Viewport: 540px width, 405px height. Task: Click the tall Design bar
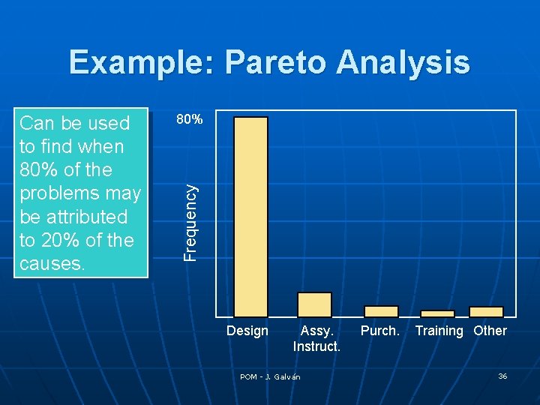(x=250, y=217)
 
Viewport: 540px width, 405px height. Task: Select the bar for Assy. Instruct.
(x=314, y=304)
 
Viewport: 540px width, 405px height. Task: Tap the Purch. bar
(x=381, y=311)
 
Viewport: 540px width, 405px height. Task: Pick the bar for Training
(x=437, y=313)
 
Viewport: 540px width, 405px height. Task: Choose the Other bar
(x=486, y=312)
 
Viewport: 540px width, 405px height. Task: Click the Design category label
(x=247, y=331)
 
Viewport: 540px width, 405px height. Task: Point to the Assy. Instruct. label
(x=316, y=338)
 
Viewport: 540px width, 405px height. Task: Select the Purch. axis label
(x=380, y=331)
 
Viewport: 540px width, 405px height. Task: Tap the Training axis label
(x=439, y=331)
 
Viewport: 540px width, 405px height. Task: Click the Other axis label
(x=490, y=331)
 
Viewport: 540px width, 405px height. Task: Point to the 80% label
(x=188, y=118)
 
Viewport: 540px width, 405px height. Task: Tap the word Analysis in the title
(x=403, y=62)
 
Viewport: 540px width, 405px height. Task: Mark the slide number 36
(x=502, y=376)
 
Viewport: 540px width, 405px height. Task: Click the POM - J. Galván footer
(x=270, y=376)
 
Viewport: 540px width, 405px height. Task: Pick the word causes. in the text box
(x=52, y=264)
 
